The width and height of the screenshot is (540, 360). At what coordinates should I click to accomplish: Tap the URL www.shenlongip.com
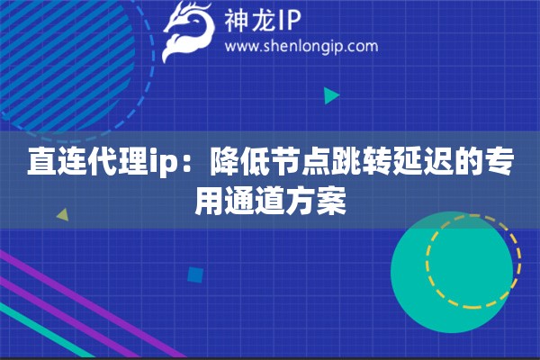[x=301, y=47]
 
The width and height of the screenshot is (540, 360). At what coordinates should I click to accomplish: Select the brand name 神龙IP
[x=263, y=21]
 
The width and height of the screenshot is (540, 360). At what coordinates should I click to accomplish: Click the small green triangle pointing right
[x=331, y=95]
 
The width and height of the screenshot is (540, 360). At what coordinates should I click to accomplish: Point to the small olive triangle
[x=63, y=215]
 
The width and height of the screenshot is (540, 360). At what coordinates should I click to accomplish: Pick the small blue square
[x=195, y=275]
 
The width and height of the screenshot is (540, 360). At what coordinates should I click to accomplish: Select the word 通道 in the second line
[x=256, y=202]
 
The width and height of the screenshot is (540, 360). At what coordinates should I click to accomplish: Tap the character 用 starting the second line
[x=210, y=202]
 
